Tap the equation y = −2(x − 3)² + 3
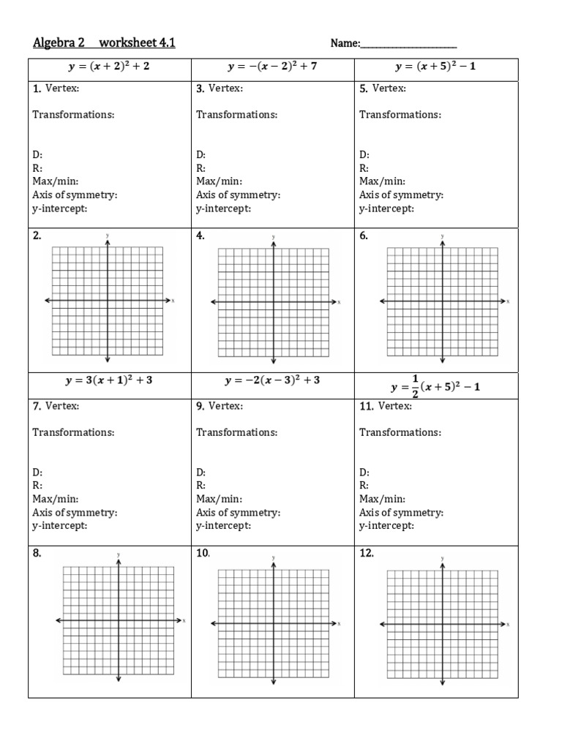pos(273,380)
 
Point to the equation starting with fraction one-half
pos(437,385)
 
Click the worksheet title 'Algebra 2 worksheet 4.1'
pos(104,43)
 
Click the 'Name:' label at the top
pos(345,44)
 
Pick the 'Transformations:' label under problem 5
pos(400,115)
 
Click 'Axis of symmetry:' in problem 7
pos(75,513)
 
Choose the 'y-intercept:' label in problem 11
pos(386,526)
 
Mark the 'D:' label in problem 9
pos(201,473)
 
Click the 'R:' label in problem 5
pos(364,168)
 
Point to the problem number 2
pos(37,236)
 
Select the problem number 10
pos(203,554)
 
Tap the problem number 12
pos(367,554)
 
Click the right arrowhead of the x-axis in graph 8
pos(180,620)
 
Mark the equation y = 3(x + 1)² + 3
pos(109,380)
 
